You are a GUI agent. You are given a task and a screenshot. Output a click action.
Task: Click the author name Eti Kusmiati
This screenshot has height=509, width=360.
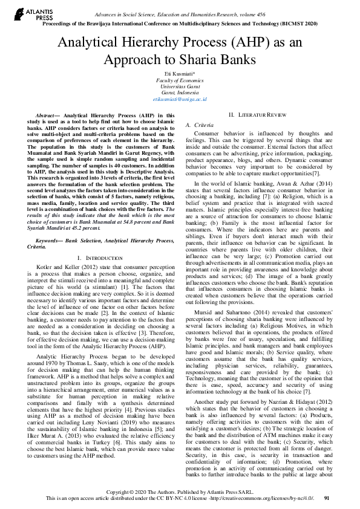(180, 73)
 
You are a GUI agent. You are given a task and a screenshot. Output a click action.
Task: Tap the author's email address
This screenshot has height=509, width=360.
(180, 99)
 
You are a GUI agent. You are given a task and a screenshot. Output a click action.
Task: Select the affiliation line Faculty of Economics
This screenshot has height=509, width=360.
(180, 80)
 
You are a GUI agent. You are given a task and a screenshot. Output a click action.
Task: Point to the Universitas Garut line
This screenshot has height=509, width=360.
(180, 86)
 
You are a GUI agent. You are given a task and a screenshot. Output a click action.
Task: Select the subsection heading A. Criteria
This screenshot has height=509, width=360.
(195, 124)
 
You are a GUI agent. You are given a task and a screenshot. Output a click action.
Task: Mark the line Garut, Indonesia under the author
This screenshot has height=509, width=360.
(180, 92)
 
